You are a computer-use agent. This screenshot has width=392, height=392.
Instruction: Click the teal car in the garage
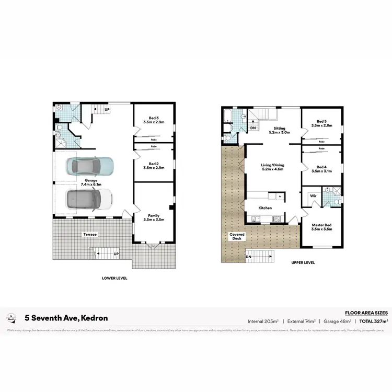point(89,166)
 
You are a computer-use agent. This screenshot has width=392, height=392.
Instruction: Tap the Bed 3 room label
point(154,120)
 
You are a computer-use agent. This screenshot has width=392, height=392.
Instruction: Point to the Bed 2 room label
point(154,166)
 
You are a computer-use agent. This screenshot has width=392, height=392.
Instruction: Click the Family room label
point(154,217)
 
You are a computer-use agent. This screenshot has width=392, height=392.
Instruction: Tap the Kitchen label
point(265,208)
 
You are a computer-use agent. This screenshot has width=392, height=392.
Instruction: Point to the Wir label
point(313,195)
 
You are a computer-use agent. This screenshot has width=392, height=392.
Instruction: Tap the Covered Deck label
point(237,236)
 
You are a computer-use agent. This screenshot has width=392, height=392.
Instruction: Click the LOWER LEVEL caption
point(114,278)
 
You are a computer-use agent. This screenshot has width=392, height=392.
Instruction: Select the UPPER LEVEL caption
point(303,263)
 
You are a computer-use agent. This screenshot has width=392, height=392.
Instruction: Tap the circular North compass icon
point(11,317)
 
